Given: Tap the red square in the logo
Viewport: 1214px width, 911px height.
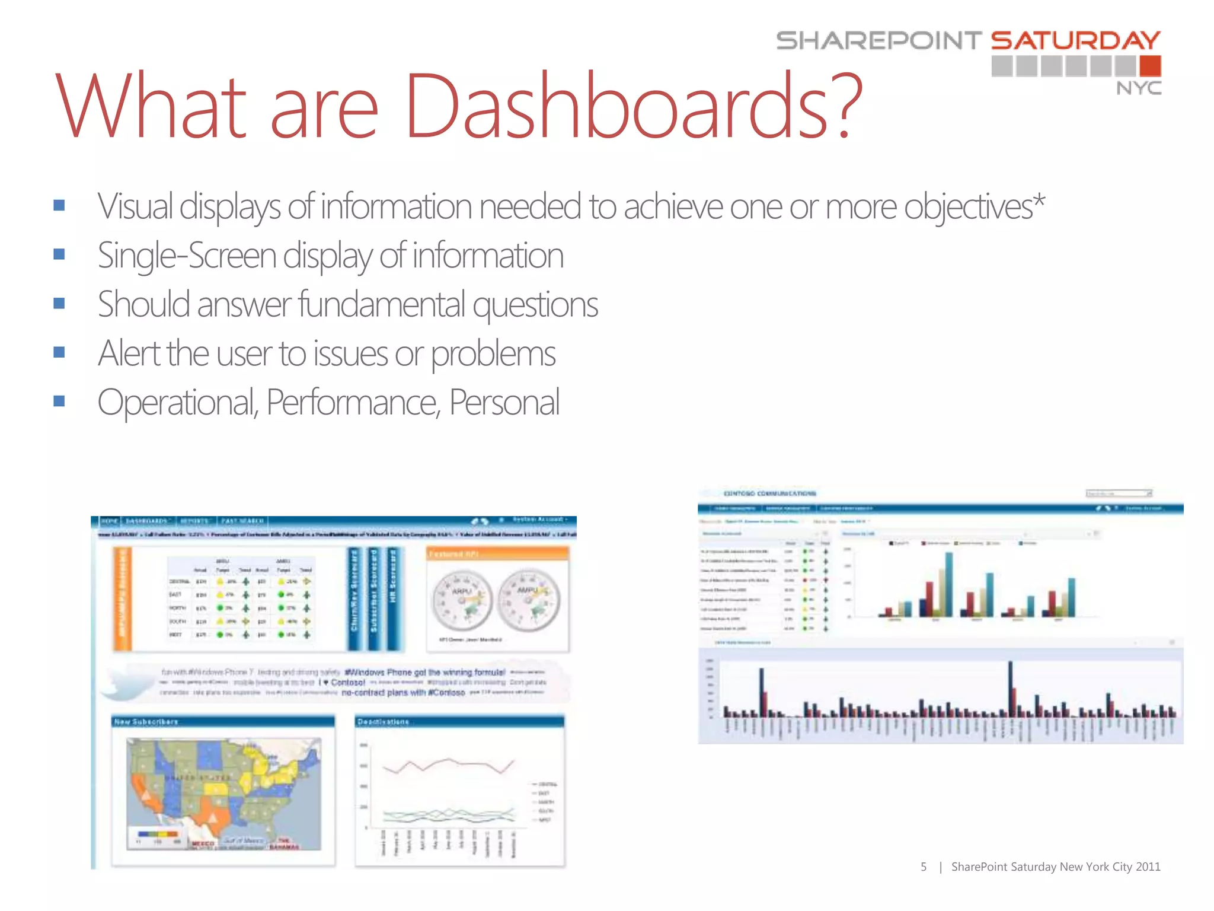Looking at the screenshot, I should (1149, 66).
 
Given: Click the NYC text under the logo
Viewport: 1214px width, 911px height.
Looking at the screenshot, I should (1138, 88).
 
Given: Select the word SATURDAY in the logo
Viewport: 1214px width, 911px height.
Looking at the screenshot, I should (1075, 40).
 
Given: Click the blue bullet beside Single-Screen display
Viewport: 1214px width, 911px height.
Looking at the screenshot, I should (59, 254).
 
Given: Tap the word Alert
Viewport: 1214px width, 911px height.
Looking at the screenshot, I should (129, 353).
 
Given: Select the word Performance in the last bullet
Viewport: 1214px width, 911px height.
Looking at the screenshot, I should (353, 403).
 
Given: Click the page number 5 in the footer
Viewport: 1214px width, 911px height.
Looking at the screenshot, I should (923, 867).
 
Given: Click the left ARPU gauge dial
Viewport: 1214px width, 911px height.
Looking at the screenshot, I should (462, 601).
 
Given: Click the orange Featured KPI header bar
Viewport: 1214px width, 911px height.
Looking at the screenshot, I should (497, 553).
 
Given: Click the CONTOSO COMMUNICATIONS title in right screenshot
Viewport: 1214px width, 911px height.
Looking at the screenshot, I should (769, 493).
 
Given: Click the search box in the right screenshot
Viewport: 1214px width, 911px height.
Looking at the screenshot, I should (1117, 493).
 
